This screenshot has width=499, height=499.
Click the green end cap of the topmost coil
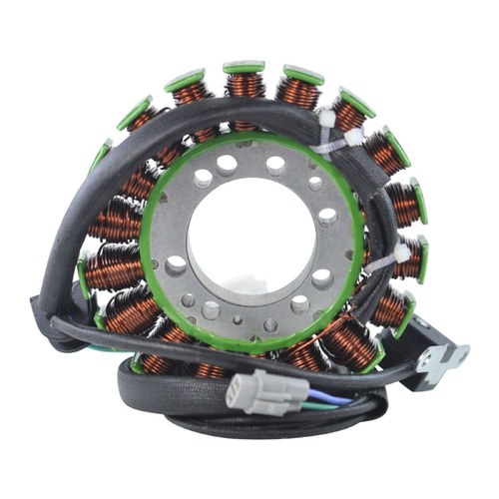coord(244,68)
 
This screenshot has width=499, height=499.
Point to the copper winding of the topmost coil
coord(244,86)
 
